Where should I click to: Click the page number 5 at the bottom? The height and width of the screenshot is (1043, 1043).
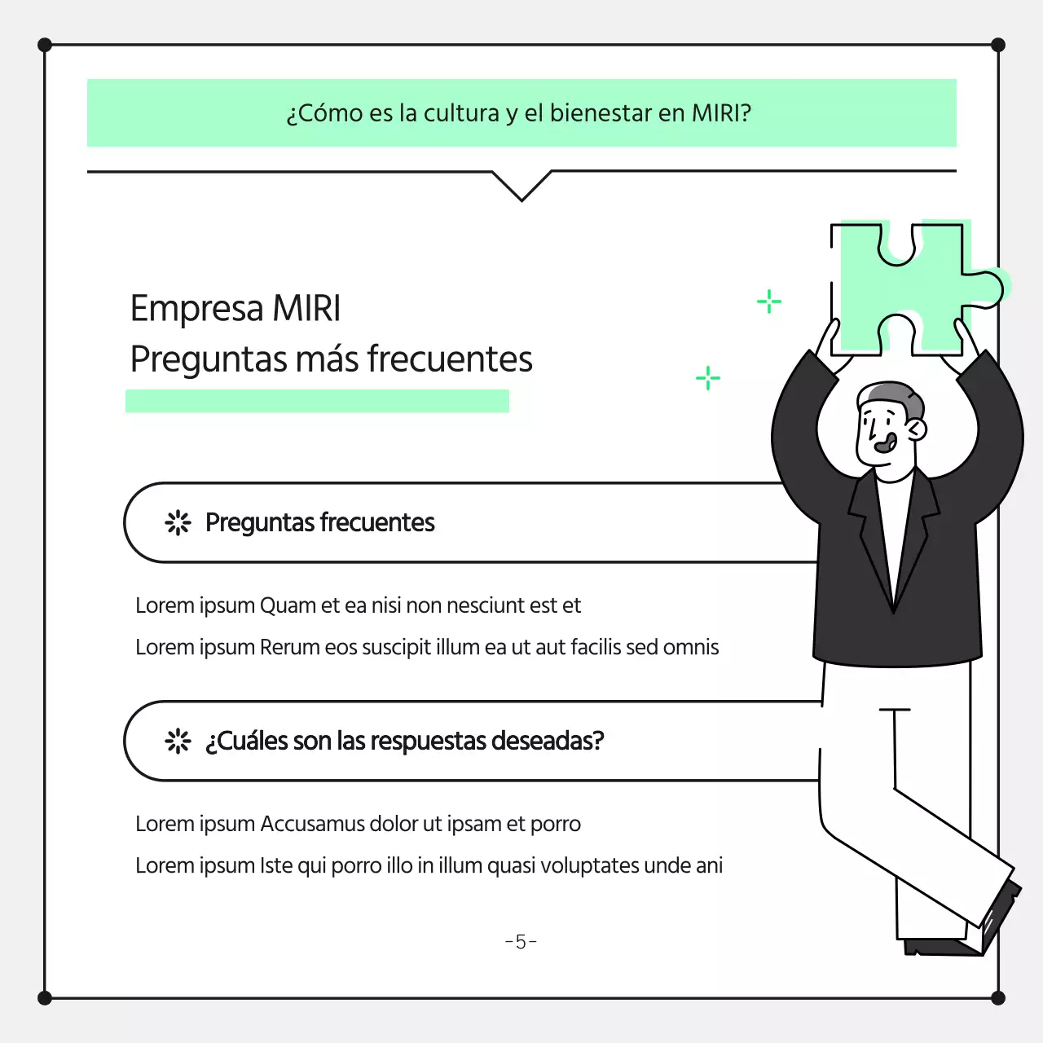(521, 942)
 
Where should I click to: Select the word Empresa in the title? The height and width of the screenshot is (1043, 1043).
(196, 310)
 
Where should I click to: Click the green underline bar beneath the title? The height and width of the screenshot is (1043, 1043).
(317, 401)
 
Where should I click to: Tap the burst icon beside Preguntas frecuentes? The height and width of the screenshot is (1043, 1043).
(178, 522)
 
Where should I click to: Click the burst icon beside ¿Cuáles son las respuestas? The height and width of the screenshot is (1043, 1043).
(178, 741)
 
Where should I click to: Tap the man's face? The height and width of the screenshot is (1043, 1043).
(880, 432)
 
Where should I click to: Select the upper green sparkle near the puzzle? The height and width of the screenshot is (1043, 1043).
(768, 301)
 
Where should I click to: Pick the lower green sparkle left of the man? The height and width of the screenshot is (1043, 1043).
(708, 378)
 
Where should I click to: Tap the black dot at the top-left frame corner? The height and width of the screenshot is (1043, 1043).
(45, 45)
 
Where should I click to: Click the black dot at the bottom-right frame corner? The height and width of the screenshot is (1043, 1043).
(998, 998)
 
